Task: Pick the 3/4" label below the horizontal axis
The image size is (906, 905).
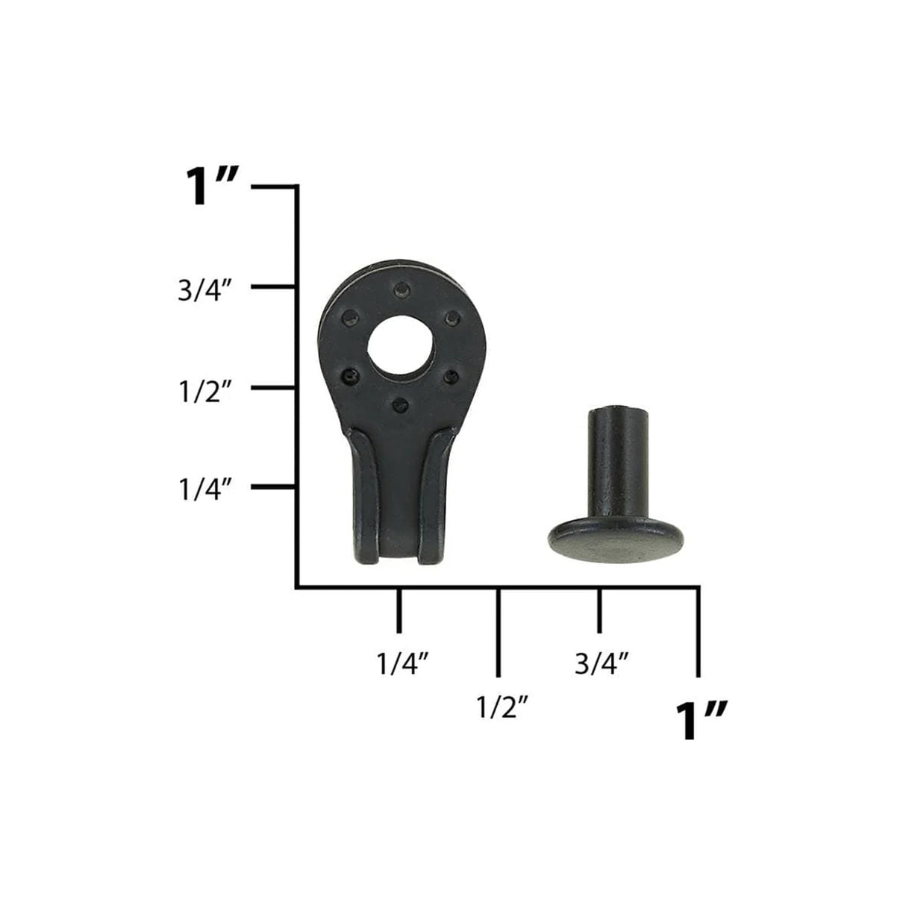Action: click(x=602, y=663)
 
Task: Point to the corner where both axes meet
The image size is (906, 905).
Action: click(x=298, y=587)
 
